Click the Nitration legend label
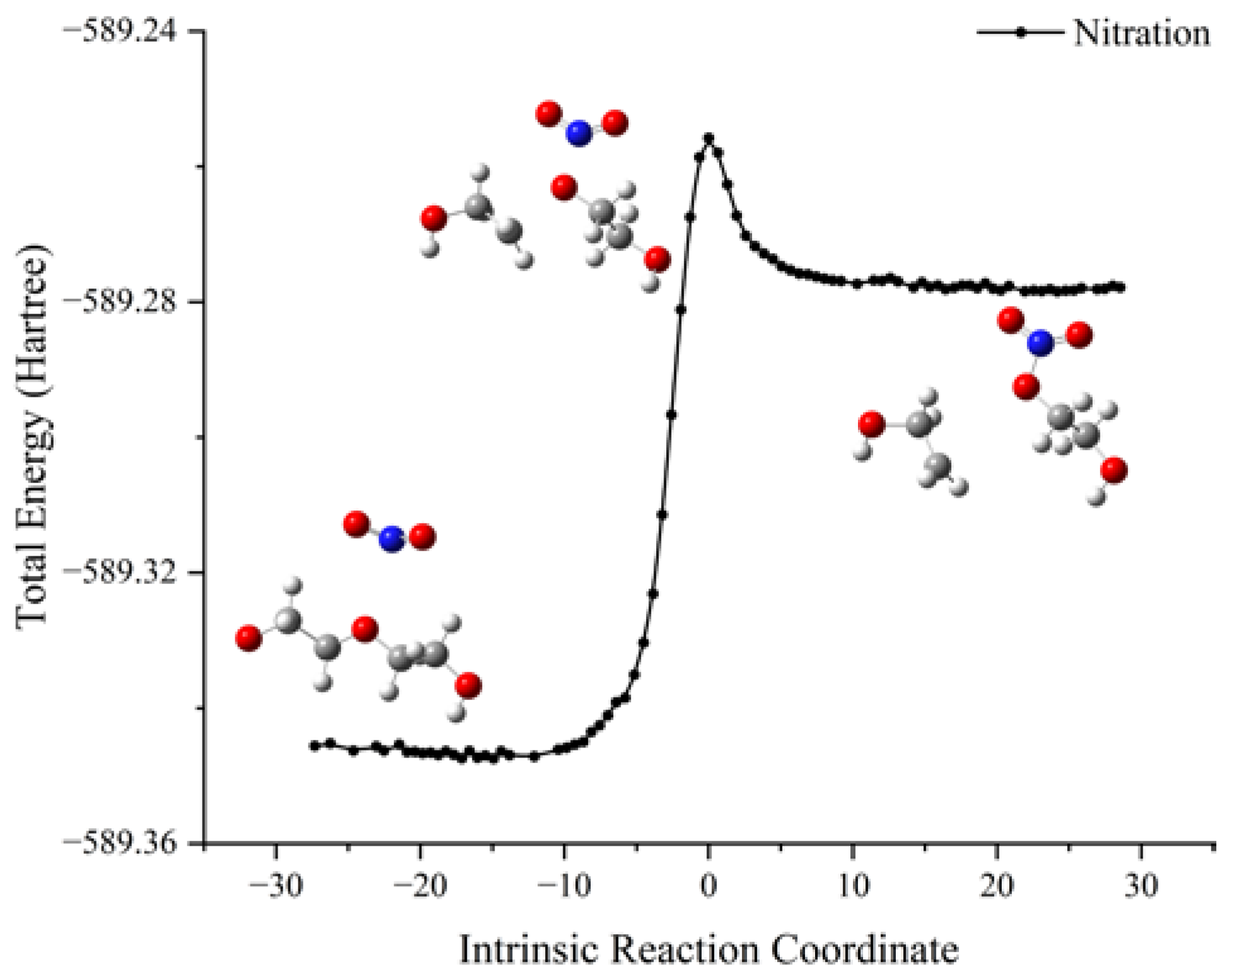tap(1141, 33)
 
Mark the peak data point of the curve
tap(708, 137)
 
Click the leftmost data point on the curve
tap(314, 746)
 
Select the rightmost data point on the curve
tap(1120, 288)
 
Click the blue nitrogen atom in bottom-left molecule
tap(391, 539)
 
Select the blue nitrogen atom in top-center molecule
tap(579, 134)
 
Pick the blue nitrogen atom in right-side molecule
tap(1040, 344)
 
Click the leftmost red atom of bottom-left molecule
tap(249, 638)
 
